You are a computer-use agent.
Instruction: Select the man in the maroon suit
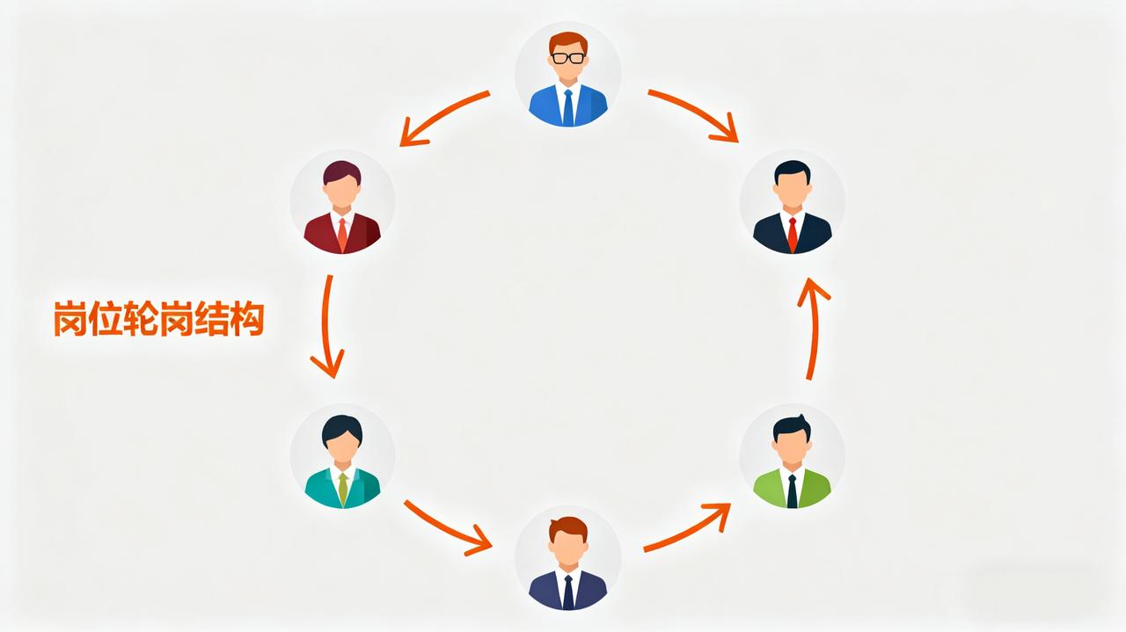point(342,204)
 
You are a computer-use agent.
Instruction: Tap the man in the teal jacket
point(342,459)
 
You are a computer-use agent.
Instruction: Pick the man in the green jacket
point(792,459)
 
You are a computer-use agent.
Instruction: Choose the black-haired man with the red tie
point(792,204)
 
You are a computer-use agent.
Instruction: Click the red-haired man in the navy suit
point(567,560)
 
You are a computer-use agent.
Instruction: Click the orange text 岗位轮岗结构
point(158,319)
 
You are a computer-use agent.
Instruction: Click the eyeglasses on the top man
point(567,58)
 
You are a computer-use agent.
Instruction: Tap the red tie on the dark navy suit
point(792,234)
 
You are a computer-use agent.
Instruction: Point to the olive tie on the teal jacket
point(342,489)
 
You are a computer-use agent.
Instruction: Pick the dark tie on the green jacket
point(792,490)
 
